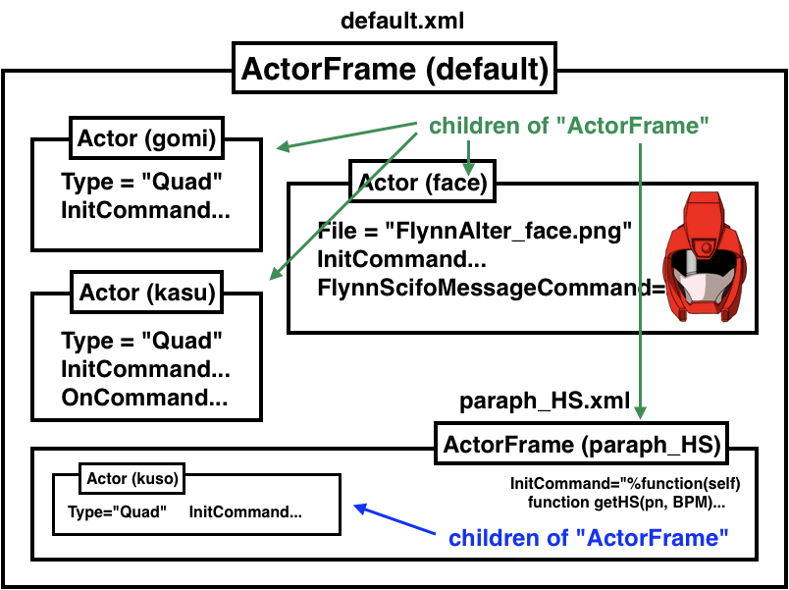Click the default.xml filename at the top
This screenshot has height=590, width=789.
(402, 22)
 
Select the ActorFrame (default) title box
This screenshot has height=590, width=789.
(394, 68)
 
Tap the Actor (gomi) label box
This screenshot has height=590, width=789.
(146, 138)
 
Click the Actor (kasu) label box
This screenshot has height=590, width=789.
(147, 293)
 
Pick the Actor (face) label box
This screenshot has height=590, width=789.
(423, 182)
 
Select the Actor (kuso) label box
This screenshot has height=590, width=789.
(132, 479)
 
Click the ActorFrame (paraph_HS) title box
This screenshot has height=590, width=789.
(582, 444)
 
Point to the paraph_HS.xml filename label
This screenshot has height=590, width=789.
(545, 402)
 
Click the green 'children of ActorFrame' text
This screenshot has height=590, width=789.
(568, 126)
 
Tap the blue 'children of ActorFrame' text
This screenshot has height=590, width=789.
(588, 538)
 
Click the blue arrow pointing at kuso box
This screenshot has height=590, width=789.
(394, 519)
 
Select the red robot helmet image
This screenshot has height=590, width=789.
(705, 256)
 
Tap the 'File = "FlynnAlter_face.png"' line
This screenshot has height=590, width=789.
(474, 232)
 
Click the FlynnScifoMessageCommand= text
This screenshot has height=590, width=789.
(491, 288)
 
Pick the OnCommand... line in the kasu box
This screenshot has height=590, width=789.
(144, 398)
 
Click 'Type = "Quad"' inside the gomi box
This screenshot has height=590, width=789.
(141, 182)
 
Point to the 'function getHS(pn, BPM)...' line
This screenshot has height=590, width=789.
(626, 503)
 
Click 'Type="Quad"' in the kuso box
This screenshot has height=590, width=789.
(117, 512)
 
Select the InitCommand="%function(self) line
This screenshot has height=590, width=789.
(625, 484)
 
